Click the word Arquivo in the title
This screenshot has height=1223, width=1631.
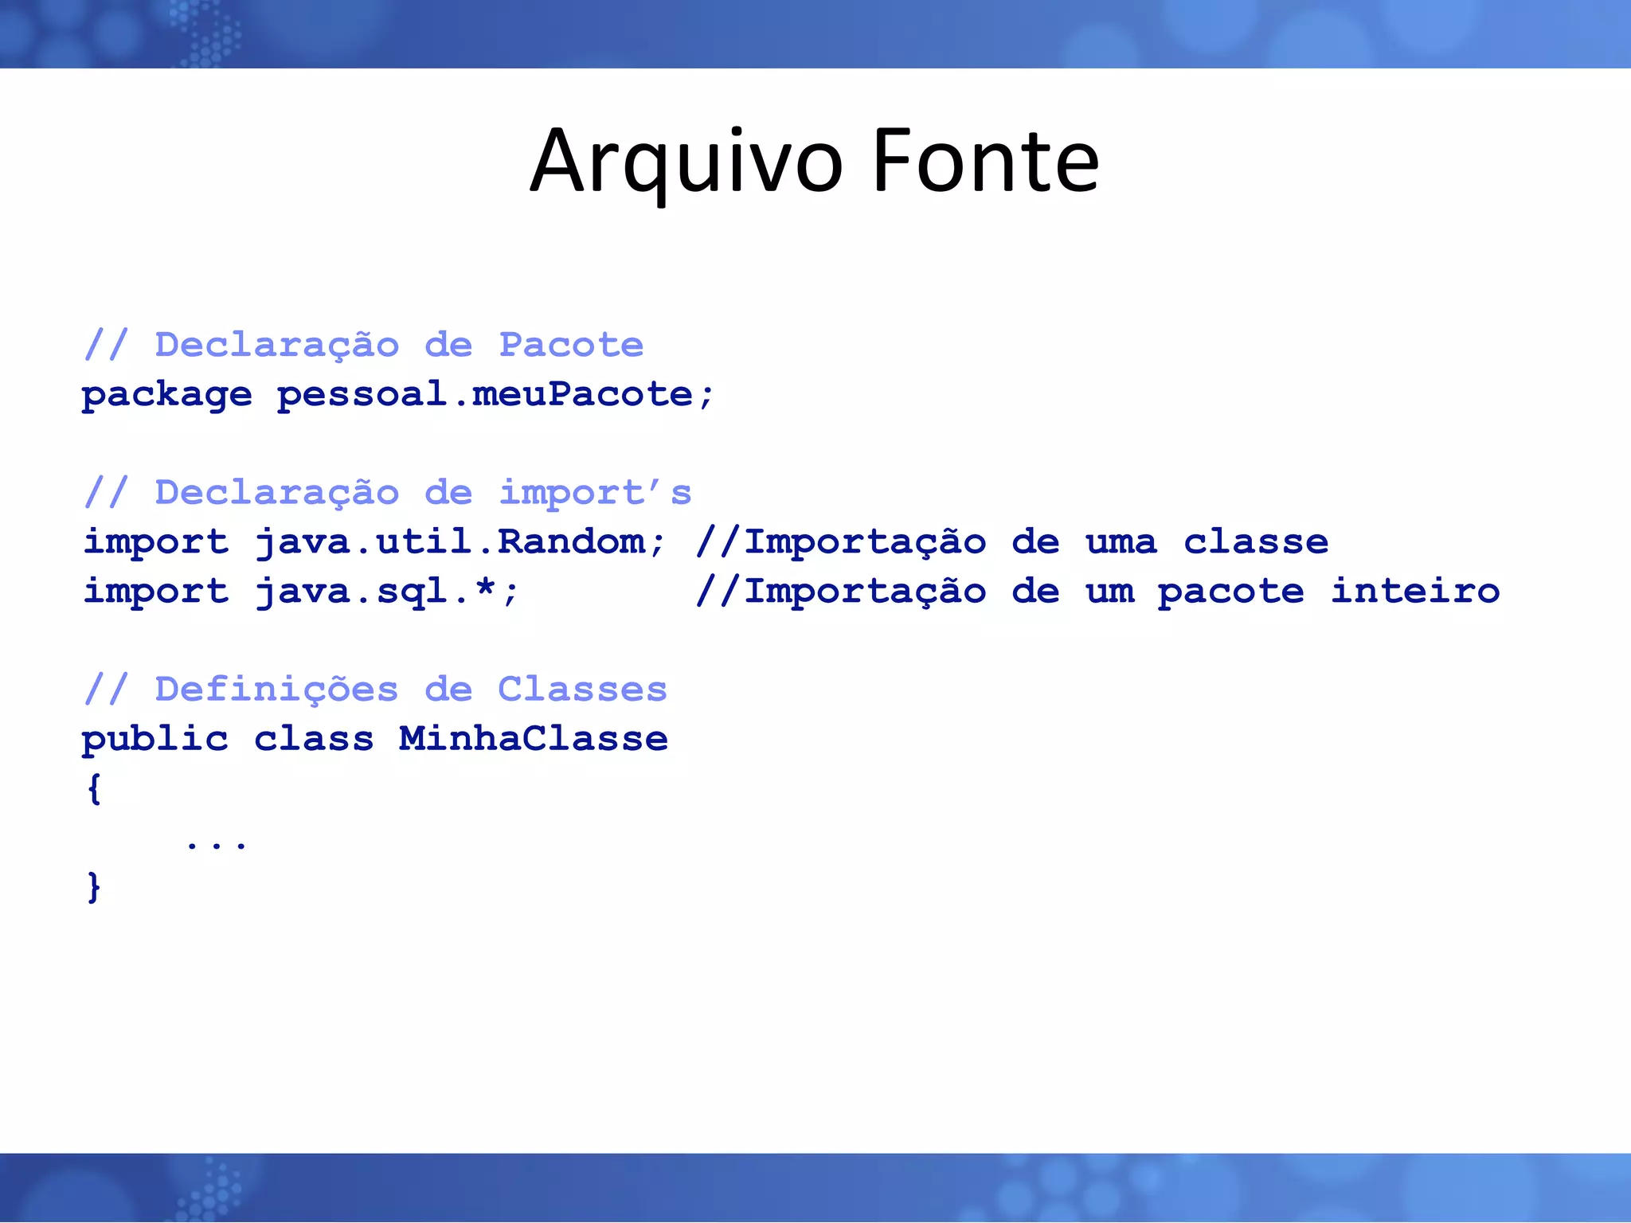686,162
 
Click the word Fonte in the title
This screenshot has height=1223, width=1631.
986,162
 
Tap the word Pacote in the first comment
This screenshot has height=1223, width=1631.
570,345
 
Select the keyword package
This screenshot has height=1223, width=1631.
166,395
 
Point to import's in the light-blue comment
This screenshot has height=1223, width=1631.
594,493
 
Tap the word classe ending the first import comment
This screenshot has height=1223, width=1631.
1255,542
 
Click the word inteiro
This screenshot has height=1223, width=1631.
1415,592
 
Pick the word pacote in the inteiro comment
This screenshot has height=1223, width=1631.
1230,592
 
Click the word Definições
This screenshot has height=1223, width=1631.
276,690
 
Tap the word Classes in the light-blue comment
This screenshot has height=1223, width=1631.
582,690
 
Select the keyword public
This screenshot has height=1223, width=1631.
154,740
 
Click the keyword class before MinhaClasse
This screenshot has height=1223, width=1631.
313,740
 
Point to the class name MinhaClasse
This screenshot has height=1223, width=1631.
533,740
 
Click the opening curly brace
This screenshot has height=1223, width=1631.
94,788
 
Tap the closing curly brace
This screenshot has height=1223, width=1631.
94,887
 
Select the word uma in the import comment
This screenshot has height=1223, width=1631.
1121,542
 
